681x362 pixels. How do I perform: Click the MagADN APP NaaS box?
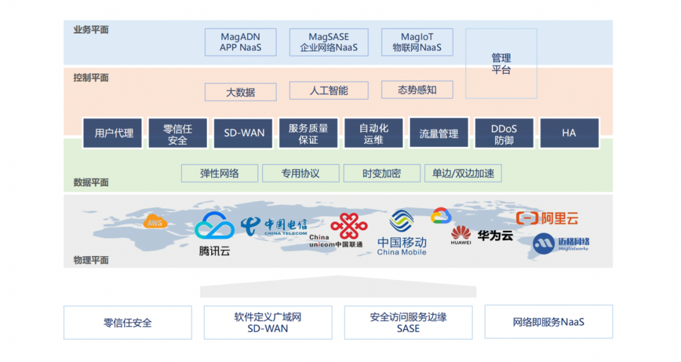[x=240, y=42]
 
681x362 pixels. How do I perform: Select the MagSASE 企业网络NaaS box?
[x=329, y=42]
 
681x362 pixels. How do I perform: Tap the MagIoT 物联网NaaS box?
[x=417, y=42]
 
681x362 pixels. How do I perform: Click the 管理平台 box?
[x=501, y=64]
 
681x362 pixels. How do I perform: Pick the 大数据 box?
[x=240, y=92]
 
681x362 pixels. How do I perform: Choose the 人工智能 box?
[x=329, y=90]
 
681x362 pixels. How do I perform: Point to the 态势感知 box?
[x=417, y=90]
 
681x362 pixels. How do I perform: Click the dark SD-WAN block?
[x=244, y=133]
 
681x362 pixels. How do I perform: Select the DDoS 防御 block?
[x=504, y=134]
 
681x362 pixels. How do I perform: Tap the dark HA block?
[x=569, y=133]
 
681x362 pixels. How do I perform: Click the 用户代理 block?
[x=114, y=133]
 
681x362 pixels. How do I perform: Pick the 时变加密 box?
[x=381, y=173]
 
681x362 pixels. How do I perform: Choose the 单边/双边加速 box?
[x=463, y=173]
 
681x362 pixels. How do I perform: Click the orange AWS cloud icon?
[x=154, y=222]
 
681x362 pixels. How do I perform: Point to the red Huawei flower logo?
[x=461, y=233]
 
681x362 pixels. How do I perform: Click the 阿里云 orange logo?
[x=547, y=218]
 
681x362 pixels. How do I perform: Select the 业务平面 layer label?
[x=91, y=30]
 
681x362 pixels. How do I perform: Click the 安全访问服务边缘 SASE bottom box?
[x=408, y=322]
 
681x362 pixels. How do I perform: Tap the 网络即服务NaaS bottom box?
[x=549, y=322]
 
